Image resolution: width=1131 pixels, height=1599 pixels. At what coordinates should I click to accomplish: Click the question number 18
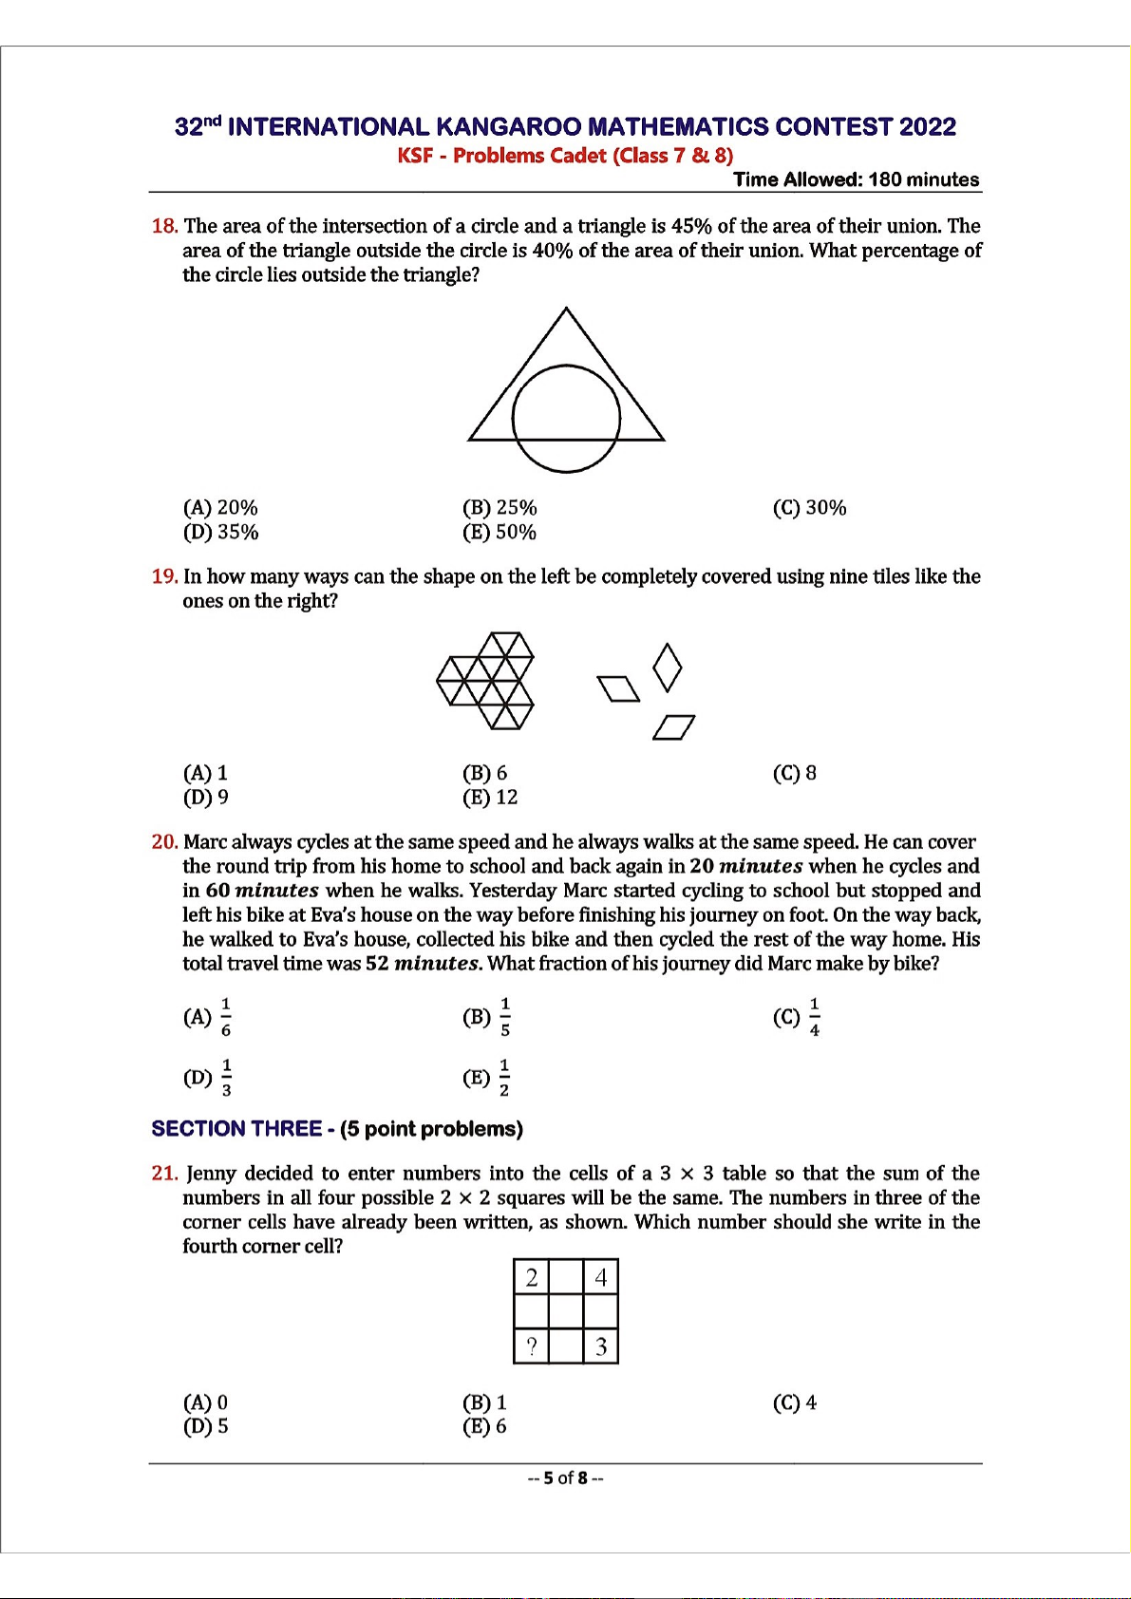tap(164, 226)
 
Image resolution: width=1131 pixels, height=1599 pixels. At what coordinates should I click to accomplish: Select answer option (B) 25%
tap(500, 508)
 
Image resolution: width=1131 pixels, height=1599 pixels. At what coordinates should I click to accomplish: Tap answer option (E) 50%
tap(500, 533)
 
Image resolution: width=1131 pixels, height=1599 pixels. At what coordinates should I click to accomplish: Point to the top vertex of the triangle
tap(566, 309)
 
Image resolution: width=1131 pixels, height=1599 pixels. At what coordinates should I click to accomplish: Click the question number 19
tap(164, 576)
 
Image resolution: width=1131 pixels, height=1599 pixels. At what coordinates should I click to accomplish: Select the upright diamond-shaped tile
tap(668, 668)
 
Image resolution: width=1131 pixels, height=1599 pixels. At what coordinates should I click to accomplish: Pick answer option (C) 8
tap(795, 773)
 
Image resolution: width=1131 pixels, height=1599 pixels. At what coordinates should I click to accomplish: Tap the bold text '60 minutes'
tap(262, 891)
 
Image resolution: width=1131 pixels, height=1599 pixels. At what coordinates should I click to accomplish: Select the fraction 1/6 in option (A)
tap(226, 1017)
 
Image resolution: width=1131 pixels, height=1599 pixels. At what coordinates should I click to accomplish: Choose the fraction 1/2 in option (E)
tap(504, 1078)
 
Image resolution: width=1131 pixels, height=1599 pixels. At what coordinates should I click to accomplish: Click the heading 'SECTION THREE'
tap(236, 1129)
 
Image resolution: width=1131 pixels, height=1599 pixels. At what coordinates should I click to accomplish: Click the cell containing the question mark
tap(532, 1346)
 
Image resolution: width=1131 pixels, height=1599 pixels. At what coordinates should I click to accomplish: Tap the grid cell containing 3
tap(601, 1346)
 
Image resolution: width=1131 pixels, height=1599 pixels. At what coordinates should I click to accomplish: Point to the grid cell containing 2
tap(532, 1278)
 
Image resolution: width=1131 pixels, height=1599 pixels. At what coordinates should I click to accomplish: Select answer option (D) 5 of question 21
tap(206, 1426)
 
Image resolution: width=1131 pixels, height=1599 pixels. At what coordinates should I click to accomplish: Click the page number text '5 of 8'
tap(566, 1478)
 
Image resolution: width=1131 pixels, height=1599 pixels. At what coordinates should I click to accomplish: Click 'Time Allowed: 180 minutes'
tap(856, 179)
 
